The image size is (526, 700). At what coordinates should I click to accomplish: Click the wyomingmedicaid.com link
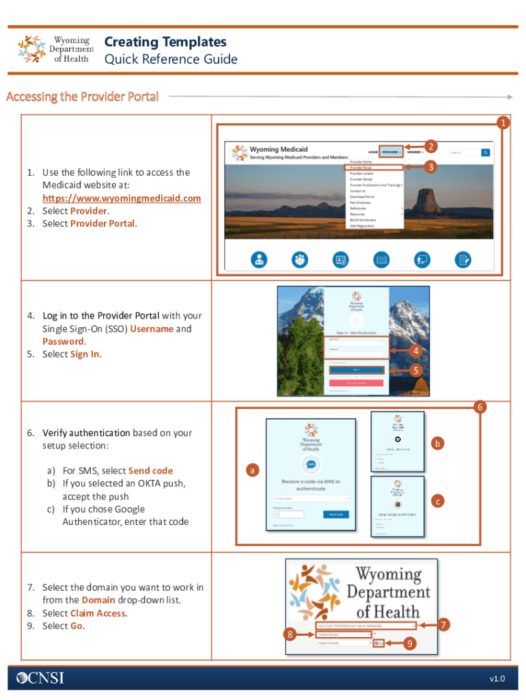122,198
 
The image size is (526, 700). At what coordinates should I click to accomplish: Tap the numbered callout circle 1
503,123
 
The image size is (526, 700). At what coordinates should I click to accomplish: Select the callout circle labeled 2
430,146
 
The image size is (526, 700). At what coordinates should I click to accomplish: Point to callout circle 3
430,166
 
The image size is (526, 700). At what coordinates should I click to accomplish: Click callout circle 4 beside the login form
413,351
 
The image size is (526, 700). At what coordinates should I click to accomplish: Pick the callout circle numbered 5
413,371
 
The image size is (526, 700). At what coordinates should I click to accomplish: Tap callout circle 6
481,407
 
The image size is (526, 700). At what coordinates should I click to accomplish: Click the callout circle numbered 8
290,635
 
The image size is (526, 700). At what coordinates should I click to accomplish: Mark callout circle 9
409,644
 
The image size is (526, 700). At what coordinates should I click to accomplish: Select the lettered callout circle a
252,471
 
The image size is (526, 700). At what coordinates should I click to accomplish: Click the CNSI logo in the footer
36,677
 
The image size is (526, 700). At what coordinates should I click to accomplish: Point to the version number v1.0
497,678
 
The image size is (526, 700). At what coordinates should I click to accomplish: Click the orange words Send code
150,471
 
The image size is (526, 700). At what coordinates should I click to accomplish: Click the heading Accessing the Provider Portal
82,96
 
